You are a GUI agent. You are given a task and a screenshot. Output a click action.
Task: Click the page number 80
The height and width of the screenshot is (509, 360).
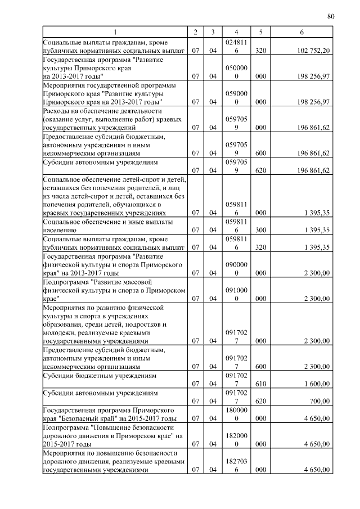tap(330, 16)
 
